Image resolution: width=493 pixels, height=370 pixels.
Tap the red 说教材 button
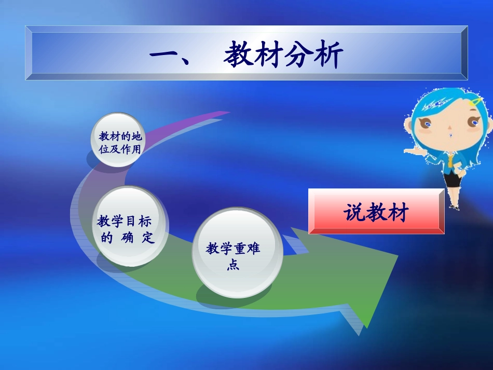(x=376, y=212)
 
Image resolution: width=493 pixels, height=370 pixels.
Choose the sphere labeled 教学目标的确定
(x=126, y=228)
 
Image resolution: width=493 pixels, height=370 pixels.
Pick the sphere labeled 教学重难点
(x=237, y=253)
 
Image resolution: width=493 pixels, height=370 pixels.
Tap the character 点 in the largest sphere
(x=233, y=265)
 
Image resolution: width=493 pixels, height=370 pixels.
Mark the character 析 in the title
(x=328, y=56)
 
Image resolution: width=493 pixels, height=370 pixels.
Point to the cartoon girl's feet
(x=454, y=207)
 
